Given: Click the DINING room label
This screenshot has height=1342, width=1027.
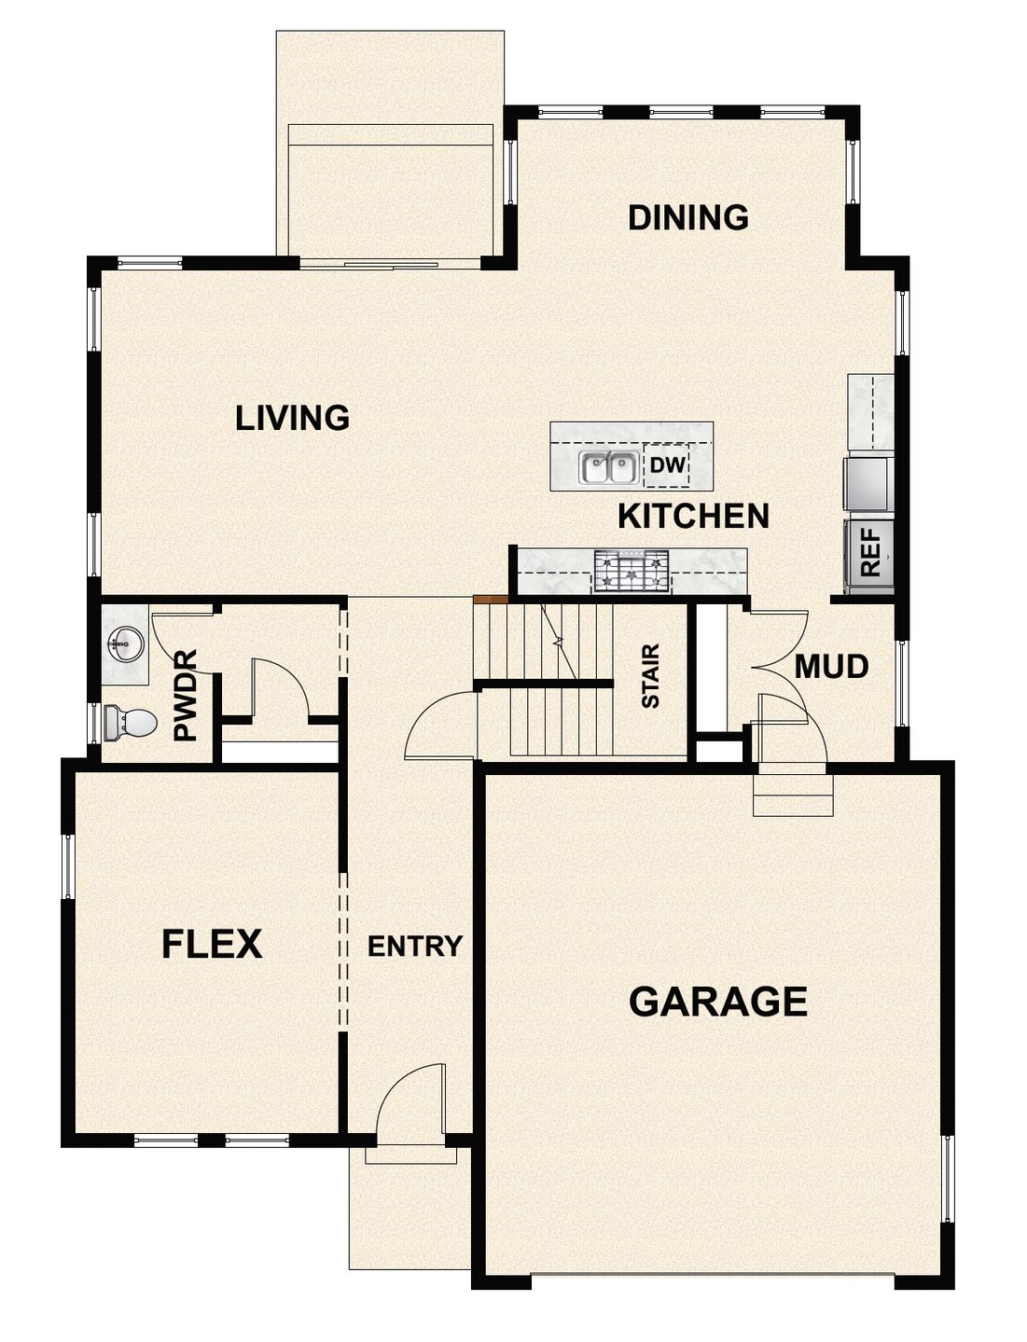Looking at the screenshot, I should coord(687,217).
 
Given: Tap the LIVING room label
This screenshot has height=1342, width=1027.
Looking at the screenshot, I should coord(292,418).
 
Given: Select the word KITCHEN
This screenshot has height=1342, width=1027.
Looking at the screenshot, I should coord(694,516).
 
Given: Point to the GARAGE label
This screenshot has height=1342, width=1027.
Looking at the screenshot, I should coord(717,1002).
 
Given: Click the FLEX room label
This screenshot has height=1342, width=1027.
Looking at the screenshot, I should coord(212,945).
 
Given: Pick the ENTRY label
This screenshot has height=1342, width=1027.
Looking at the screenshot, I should coord(414,947).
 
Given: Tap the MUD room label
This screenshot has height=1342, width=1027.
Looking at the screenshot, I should coord(831,667).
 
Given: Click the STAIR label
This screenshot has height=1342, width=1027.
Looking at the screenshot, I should coord(650,676).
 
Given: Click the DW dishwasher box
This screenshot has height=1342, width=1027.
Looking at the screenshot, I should coord(667,465).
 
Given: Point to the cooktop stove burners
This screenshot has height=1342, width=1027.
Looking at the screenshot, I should coord(631,571).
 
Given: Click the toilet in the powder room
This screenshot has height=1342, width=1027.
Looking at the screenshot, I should coord(130,722).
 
